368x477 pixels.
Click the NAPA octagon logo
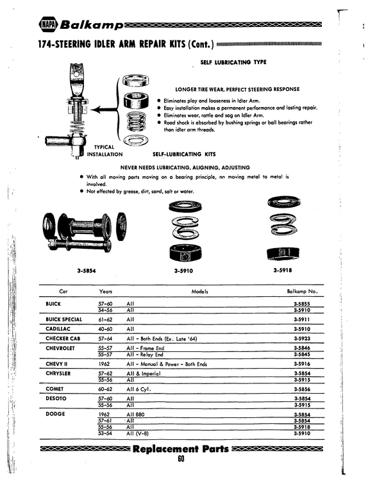(x=48, y=25)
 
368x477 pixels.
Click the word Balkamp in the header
(x=92, y=25)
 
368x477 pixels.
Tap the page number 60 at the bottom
(x=181, y=459)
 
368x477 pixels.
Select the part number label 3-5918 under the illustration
(x=283, y=270)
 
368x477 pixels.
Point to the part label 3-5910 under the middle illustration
(x=183, y=271)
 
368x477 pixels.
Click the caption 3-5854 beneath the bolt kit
(x=87, y=271)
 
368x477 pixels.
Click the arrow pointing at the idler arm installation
(x=104, y=110)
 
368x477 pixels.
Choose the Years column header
(x=106, y=291)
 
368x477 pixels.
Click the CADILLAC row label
(x=58, y=329)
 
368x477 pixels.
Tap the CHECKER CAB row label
(x=63, y=339)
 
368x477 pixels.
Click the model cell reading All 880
(x=136, y=414)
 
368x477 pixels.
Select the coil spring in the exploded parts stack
(x=136, y=121)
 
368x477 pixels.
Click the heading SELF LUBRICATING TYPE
(x=233, y=62)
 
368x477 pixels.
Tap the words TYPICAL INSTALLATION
(x=105, y=151)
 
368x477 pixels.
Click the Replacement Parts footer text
(x=181, y=449)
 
